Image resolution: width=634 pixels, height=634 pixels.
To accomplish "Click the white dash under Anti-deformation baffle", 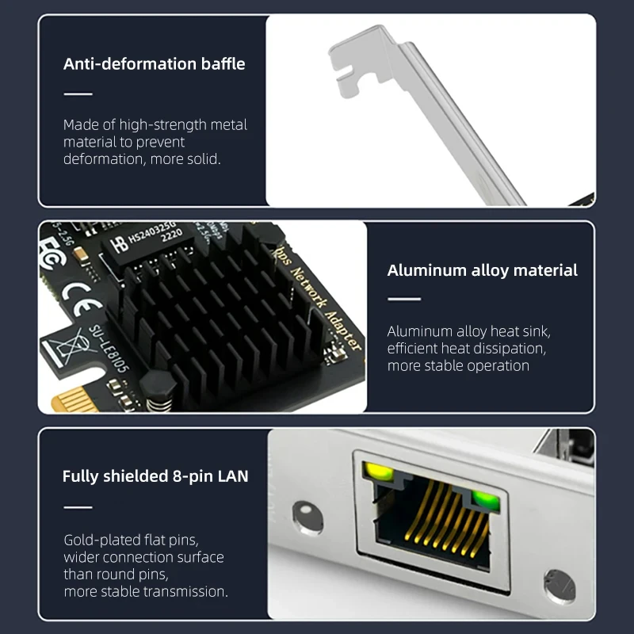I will click(78, 94).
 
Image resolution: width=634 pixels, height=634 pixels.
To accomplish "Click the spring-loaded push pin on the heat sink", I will click(163, 391).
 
